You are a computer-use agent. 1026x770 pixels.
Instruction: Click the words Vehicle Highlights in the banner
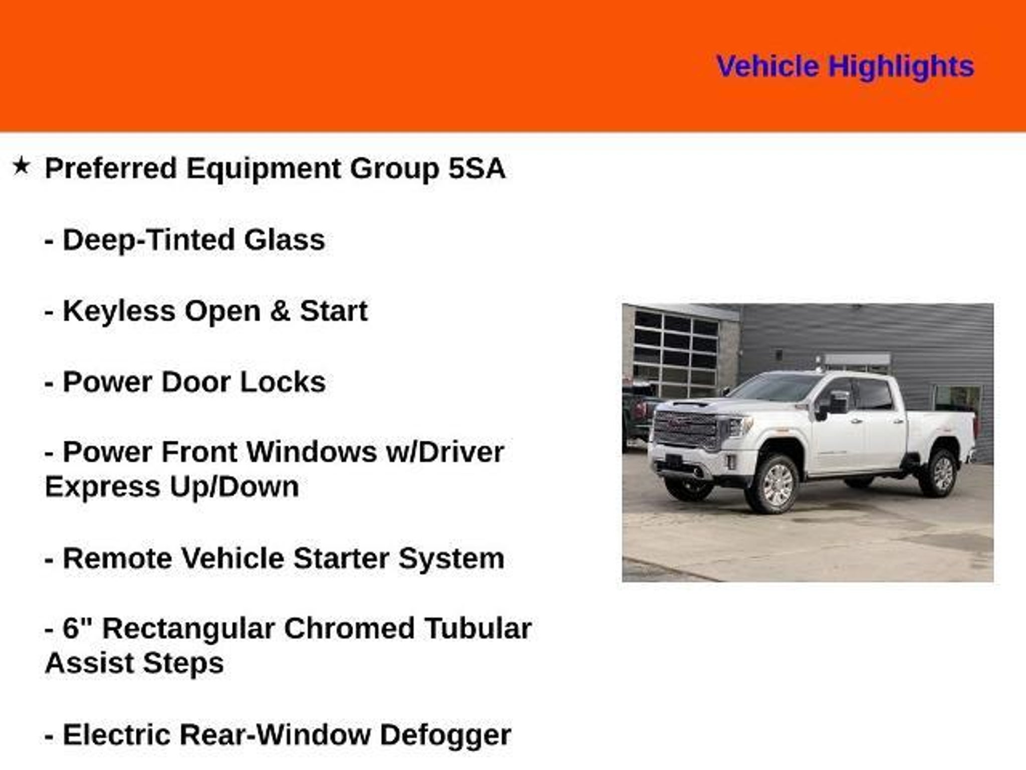click(845, 67)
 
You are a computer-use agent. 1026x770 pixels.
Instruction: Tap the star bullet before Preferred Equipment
click(21, 166)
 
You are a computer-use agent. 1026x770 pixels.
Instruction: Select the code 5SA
click(476, 168)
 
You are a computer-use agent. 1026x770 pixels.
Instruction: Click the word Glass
click(285, 240)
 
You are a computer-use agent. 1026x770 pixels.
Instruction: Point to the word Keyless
click(119, 312)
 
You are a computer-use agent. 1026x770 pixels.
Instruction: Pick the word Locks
click(283, 382)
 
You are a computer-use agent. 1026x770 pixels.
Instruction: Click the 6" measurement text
click(79, 628)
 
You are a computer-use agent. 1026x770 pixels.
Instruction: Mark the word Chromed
click(349, 629)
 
